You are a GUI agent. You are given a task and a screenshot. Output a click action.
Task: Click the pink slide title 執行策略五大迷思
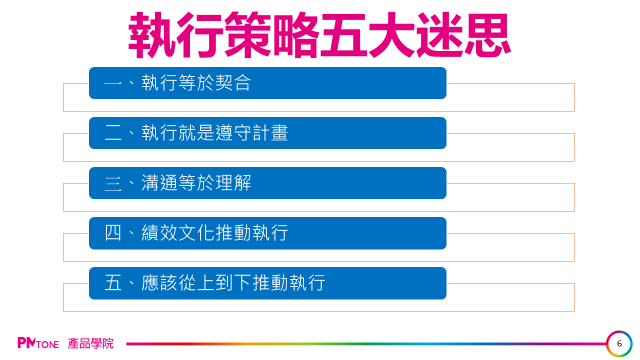point(319,35)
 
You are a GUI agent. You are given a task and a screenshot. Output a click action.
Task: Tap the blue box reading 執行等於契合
point(267,83)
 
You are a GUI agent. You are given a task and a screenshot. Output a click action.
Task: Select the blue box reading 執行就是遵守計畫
point(267,133)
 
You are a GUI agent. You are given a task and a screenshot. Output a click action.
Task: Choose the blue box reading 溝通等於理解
point(267,183)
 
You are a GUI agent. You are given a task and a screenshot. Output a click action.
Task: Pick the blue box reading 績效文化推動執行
point(267,233)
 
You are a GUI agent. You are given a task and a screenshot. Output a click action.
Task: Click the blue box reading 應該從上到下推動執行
point(267,283)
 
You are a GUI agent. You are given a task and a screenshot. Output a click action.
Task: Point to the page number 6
point(619,343)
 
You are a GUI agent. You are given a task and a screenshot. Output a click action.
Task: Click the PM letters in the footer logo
point(26,343)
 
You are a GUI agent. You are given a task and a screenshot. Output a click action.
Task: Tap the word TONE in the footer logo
point(47,344)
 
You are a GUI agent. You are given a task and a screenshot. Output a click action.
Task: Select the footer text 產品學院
point(90,343)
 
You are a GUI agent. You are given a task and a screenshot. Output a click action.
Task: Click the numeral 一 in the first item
point(113,83)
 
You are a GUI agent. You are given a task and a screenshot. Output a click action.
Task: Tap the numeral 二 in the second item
point(113,133)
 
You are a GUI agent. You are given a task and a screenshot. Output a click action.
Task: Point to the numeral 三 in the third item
point(113,183)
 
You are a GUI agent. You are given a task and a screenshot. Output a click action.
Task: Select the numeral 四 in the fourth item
point(113,233)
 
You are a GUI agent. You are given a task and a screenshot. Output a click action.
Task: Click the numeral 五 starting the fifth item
point(113,283)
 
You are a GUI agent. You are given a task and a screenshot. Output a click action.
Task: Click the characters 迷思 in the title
point(463,35)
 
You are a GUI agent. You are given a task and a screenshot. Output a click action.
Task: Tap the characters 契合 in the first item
point(233,83)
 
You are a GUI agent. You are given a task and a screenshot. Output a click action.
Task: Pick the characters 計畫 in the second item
point(270,133)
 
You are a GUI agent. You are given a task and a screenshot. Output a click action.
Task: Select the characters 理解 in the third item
point(233,183)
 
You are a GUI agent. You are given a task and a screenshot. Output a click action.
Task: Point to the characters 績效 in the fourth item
point(159,233)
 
